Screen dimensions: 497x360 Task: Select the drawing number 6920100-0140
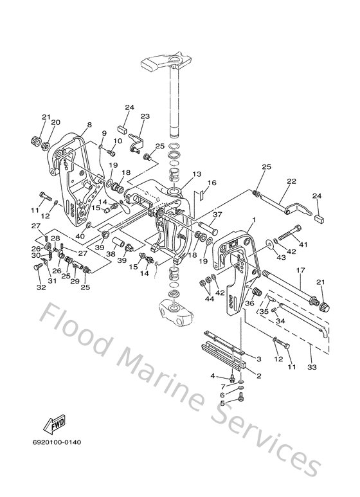(59, 442)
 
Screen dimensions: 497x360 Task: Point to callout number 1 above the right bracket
(254, 221)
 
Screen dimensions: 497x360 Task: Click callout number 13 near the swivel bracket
(197, 174)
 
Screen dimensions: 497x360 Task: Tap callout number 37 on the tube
(217, 215)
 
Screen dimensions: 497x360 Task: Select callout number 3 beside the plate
(258, 359)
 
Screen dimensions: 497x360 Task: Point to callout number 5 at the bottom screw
(222, 403)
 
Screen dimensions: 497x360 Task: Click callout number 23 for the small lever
(145, 116)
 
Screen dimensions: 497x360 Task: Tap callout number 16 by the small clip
(212, 183)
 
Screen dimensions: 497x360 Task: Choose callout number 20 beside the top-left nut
(55, 122)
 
